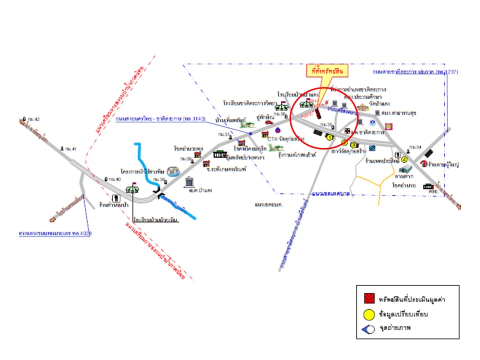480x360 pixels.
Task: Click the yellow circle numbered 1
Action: [330, 136]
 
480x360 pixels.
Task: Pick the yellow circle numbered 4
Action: [404, 159]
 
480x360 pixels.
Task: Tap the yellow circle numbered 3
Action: [353, 145]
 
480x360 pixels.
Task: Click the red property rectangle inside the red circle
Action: [317, 112]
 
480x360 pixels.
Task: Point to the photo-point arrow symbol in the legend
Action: [367, 329]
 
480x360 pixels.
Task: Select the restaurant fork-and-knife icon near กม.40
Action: [116, 198]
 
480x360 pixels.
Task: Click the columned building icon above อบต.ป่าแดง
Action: [190, 181]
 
